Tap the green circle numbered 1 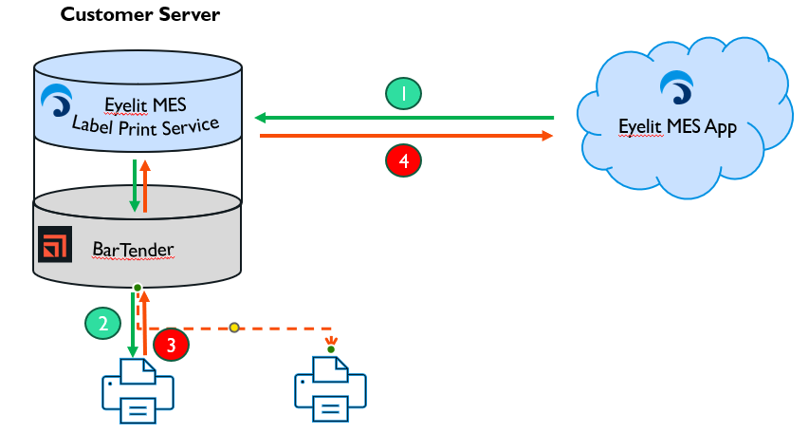[x=403, y=93]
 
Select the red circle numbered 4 [x=404, y=161]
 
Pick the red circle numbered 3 [x=171, y=345]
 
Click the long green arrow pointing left [x=404, y=118]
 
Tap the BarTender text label [x=132, y=249]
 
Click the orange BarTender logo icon [x=55, y=244]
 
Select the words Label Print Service [x=146, y=124]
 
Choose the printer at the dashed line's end [x=331, y=389]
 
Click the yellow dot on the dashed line [x=233, y=329]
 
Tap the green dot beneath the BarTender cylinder [x=138, y=288]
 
